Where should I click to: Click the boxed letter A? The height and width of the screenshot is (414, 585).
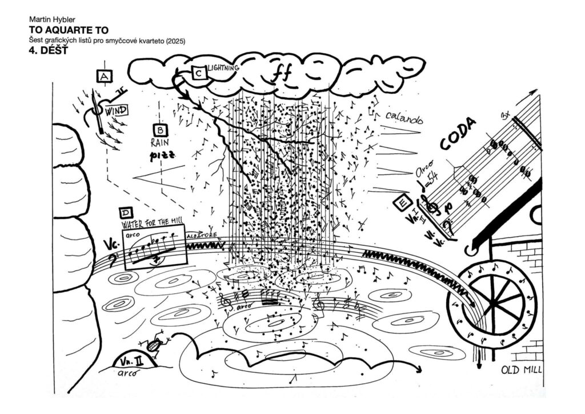pyautogui.click(x=105, y=76)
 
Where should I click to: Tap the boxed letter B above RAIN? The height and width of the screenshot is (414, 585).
pyautogui.click(x=159, y=130)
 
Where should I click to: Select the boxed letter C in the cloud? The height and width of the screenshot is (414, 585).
pyautogui.click(x=199, y=73)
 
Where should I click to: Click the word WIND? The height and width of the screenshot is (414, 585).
pyautogui.click(x=117, y=109)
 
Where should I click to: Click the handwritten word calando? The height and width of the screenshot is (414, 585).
pyautogui.click(x=404, y=118)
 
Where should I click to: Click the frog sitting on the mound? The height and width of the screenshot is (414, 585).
pyautogui.click(x=154, y=344)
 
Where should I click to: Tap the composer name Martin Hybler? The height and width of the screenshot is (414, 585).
pyautogui.click(x=52, y=19)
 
